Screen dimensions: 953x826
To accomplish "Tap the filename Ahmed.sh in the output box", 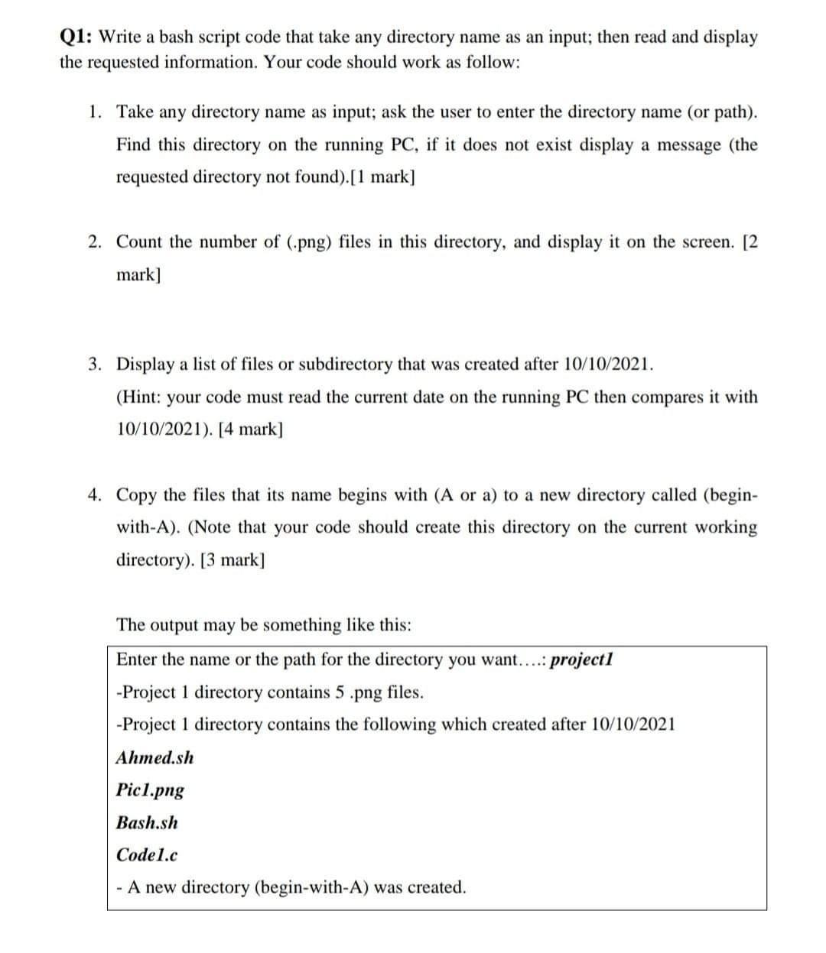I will (154, 757).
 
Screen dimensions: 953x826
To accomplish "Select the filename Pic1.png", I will (150, 790).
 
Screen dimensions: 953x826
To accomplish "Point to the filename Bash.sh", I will (147, 822).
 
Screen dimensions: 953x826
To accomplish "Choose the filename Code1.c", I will (147, 854).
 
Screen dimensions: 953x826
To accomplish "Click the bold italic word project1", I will (582, 659).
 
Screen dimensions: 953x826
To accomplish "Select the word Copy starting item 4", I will (138, 494).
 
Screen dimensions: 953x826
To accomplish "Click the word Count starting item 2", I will (140, 241).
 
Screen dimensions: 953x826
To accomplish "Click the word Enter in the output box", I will (137, 659).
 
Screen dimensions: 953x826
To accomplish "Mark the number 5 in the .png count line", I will (336, 692).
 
